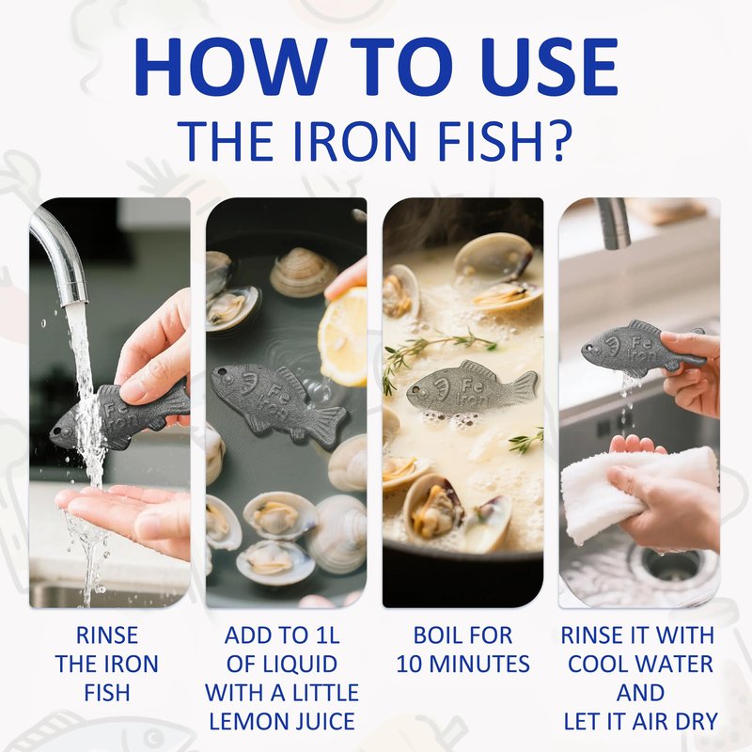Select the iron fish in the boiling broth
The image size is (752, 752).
point(473,390)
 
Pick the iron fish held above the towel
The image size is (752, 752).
point(643,348)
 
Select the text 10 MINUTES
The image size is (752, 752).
point(462,665)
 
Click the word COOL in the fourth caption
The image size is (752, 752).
point(596,665)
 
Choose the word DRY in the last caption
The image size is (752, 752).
point(696,721)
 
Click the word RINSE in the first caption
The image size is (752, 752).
point(107,635)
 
